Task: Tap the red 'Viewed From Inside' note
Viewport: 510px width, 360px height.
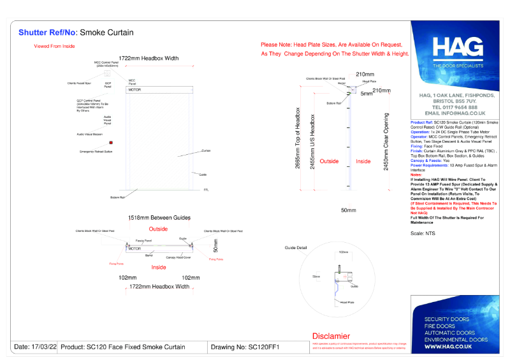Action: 54,47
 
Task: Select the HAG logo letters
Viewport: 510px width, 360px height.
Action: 454,48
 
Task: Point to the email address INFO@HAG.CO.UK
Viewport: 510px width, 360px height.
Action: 454,113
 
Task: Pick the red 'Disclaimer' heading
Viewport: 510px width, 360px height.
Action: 331,336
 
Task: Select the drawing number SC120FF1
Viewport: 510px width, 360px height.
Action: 264,347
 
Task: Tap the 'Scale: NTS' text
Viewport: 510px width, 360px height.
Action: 422,234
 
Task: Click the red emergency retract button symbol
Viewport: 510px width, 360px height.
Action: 111,143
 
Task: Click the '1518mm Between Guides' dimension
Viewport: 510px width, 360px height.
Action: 159,218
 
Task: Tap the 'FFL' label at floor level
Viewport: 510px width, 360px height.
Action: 206,190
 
